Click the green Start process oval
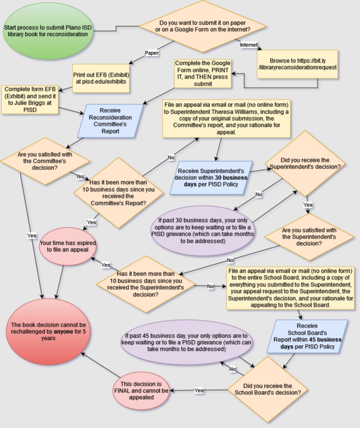click(36, 32)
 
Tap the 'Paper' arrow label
click(152, 53)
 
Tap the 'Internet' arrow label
click(249, 45)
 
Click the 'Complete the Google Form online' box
click(203, 73)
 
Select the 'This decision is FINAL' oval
click(141, 391)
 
